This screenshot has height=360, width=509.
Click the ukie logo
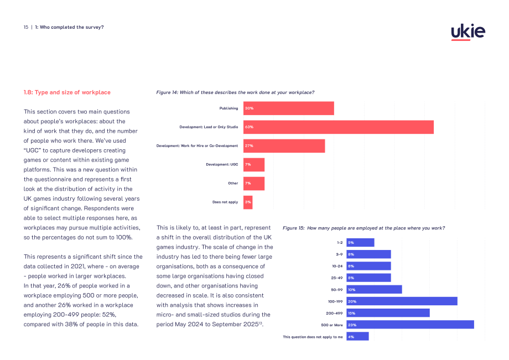point(468,32)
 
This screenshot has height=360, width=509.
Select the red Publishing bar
point(289,108)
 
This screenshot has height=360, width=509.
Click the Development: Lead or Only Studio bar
point(339,127)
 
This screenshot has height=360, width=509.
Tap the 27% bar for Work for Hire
point(284,146)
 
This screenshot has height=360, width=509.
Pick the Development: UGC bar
point(254,165)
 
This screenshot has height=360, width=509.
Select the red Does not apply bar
point(248,202)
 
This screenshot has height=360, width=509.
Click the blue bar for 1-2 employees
point(360,243)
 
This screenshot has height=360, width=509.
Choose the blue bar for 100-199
point(402,301)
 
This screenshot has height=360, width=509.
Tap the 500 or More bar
point(411,325)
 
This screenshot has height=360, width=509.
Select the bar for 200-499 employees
point(388,313)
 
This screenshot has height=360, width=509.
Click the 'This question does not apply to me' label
point(313,337)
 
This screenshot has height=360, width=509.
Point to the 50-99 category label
point(336,290)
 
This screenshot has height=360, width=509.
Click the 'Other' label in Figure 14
point(233,183)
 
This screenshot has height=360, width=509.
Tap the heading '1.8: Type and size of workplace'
point(67,92)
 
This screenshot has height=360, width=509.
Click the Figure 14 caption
point(235,92)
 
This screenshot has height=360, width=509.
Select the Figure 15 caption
point(363,228)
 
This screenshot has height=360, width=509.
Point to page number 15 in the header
point(26,27)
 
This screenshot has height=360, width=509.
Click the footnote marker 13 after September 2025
point(261,323)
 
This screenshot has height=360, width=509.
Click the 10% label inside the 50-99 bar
point(351,290)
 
